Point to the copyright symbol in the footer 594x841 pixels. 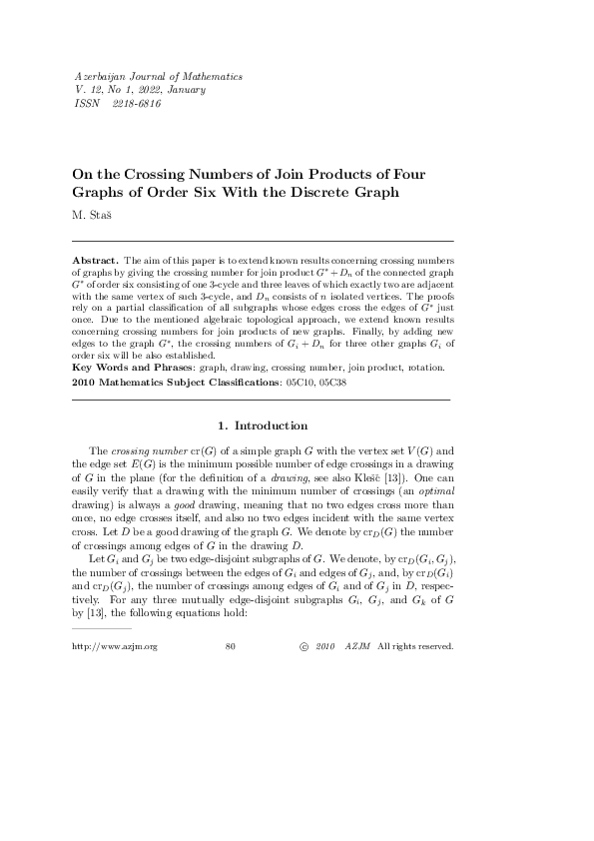click(x=303, y=618)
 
